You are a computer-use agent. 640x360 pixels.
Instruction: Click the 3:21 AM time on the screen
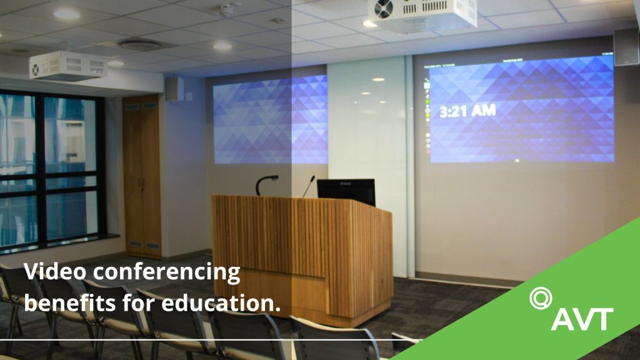click(x=467, y=111)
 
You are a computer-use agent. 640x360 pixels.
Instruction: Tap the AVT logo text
click(x=581, y=319)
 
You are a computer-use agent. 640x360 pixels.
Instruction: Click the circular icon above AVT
click(x=539, y=297)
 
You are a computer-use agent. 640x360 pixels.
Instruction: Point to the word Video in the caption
click(x=50, y=272)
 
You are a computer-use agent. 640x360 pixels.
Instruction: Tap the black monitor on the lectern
click(x=346, y=191)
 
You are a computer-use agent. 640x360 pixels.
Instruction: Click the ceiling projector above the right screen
click(x=422, y=14)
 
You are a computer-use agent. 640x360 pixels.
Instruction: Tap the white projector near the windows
click(x=67, y=65)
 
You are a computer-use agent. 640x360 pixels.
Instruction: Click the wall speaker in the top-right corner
click(x=626, y=46)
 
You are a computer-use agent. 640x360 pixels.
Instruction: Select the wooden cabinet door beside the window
click(x=142, y=175)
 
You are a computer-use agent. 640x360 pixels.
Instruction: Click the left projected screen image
click(x=270, y=119)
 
